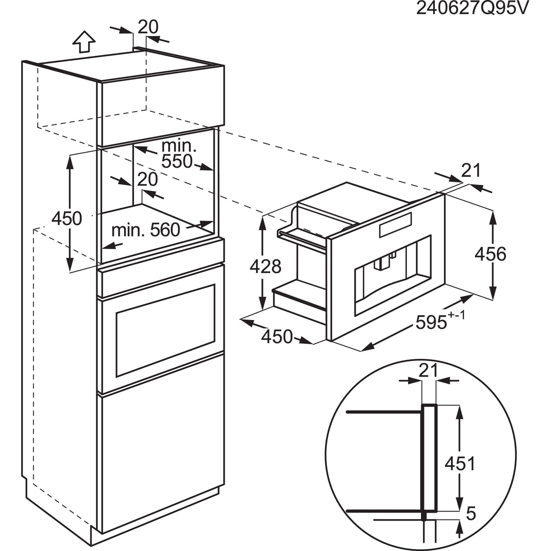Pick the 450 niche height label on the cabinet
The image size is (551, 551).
tap(66, 218)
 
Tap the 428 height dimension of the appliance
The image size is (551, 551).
tap(265, 266)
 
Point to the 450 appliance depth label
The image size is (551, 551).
tap(277, 337)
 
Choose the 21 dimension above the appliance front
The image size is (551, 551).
tap(471, 170)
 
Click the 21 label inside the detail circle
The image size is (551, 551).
tap(428, 371)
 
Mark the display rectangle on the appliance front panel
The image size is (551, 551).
tap(396, 225)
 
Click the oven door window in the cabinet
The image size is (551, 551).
tap(165, 331)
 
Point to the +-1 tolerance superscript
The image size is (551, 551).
tap(457, 316)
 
